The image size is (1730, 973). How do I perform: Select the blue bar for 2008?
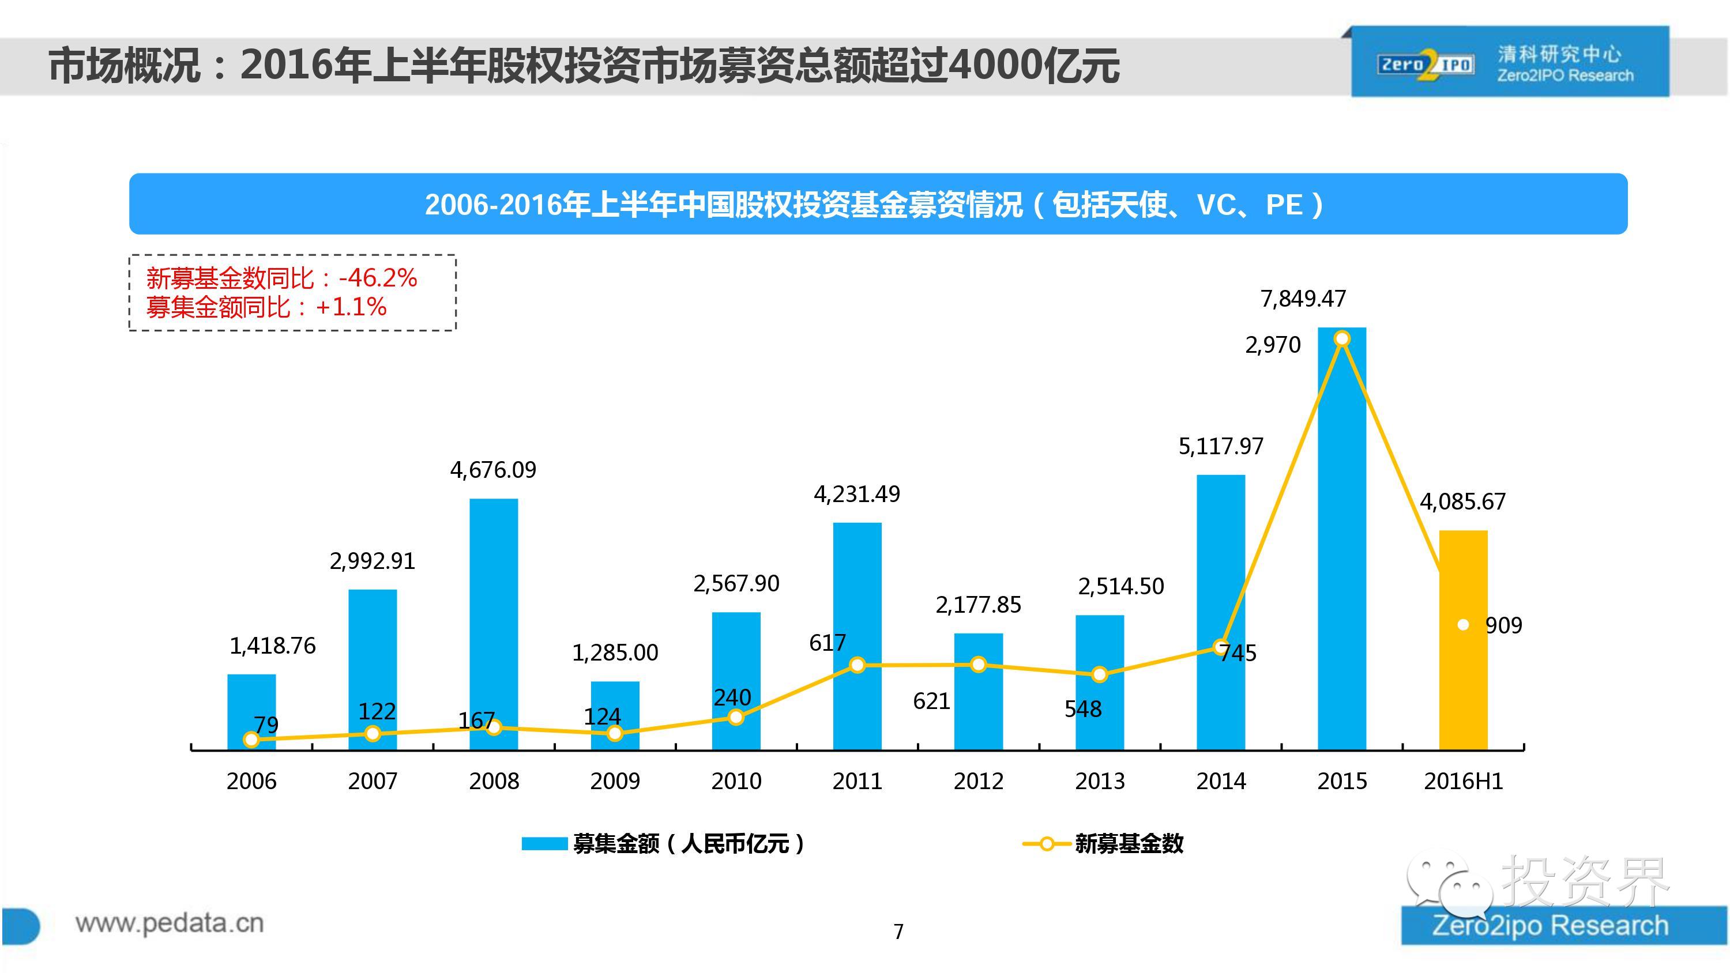point(494,624)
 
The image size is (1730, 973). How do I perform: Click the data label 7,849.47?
point(1303,298)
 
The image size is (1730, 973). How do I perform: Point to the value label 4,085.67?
point(1462,501)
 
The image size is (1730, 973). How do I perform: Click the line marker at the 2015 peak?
point(1342,339)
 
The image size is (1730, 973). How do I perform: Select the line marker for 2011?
point(857,665)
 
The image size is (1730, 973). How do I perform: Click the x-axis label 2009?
point(615,781)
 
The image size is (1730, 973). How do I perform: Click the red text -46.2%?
point(378,278)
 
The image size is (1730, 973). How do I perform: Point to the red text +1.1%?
point(351,308)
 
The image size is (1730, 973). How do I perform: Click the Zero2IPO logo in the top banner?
point(1425,66)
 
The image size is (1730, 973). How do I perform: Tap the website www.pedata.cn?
point(169,923)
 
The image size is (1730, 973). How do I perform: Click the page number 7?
point(898,931)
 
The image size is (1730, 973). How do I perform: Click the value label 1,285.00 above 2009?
point(615,653)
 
